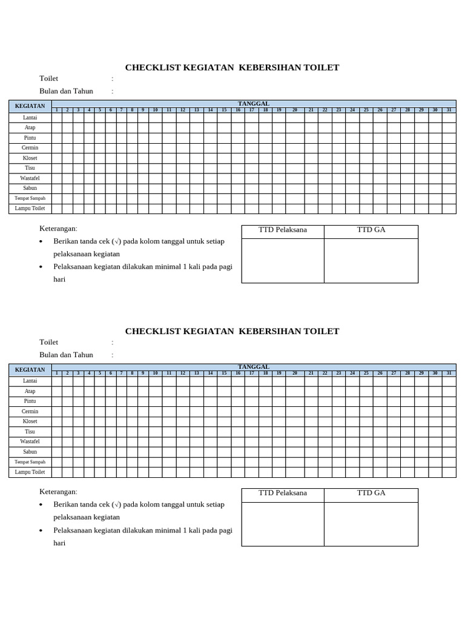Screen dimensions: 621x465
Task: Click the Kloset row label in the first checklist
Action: [30, 158]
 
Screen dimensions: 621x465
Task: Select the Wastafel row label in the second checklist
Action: [30, 442]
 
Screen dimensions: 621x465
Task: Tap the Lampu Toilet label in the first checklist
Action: [30, 209]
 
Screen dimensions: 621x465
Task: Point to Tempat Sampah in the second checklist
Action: [30, 462]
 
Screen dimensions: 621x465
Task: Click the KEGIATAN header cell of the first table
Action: [30, 106]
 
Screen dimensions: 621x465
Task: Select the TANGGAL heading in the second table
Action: [254, 367]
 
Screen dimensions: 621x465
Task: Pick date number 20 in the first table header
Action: [295, 110]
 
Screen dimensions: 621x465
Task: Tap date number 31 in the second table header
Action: [449, 374]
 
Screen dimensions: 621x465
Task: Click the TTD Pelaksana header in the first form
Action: [283, 230]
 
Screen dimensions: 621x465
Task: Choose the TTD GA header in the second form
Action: [371, 493]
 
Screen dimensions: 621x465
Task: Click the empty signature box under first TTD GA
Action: [371, 261]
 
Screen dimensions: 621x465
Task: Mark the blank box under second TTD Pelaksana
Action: [283, 524]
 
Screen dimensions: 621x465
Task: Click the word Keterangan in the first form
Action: [58, 229]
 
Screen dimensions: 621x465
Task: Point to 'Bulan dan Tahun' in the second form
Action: [66, 355]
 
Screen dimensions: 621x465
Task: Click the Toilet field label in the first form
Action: [48, 78]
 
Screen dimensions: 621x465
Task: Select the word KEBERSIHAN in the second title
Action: [271, 331]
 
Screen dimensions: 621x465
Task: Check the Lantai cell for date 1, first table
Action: [57, 118]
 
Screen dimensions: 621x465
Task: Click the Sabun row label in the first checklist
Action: [30, 189]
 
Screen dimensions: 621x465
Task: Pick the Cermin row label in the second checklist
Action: [30, 412]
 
